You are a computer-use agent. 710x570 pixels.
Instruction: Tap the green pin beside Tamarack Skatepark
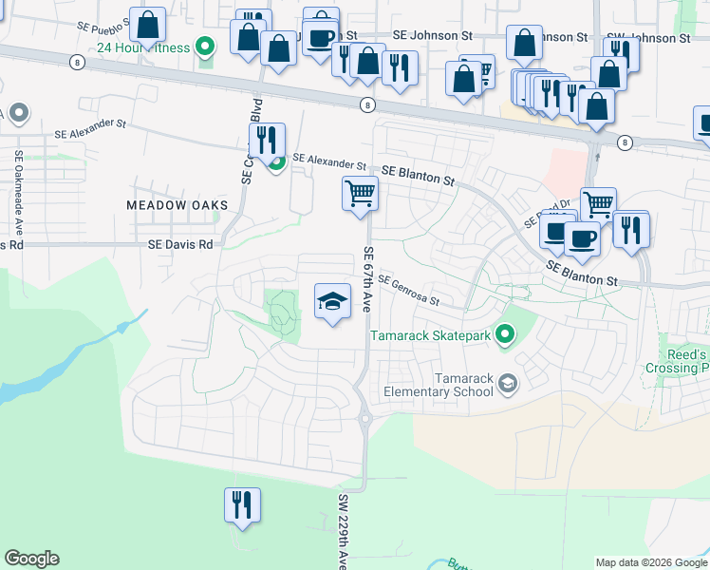(x=505, y=334)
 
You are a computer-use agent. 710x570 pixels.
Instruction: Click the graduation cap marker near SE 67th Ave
(x=332, y=302)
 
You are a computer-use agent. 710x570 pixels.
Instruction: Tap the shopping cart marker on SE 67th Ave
(x=360, y=194)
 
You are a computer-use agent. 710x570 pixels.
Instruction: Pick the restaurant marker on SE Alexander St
(x=267, y=141)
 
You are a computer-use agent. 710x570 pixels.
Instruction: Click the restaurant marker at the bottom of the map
(x=241, y=503)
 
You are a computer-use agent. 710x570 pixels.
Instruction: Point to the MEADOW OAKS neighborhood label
(x=177, y=205)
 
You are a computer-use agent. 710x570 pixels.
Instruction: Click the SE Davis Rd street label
(x=180, y=244)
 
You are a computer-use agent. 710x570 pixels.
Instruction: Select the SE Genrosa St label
(x=408, y=290)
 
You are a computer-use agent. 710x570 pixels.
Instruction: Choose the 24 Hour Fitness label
(x=143, y=46)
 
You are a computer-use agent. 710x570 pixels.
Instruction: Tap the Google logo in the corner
(x=31, y=559)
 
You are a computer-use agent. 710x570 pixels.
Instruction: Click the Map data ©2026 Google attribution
(x=651, y=562)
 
